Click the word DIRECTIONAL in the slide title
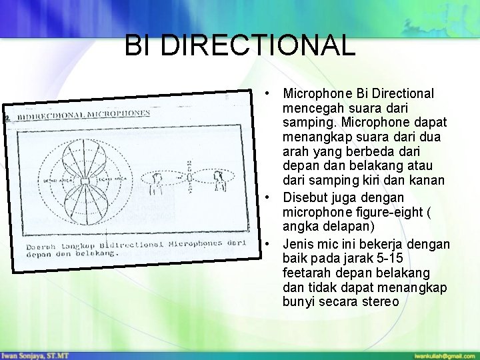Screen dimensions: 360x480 coord(257,46)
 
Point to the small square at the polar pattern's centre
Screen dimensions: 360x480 coord(85,181)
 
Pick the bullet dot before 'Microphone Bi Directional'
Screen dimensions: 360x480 coord(266,93)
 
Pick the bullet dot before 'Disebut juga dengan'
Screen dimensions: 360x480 coord(266,197)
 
